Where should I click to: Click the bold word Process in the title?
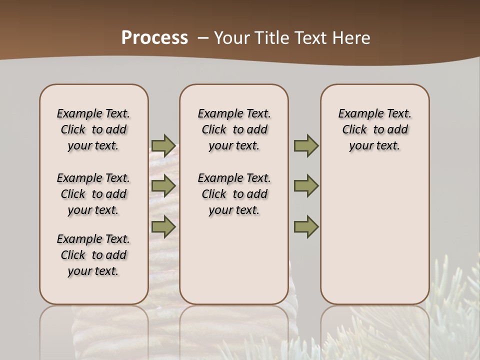[154, 38]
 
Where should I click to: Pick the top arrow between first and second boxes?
[163, 145]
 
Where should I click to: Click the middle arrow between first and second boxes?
[163, 186]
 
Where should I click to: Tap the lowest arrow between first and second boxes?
[163, 226]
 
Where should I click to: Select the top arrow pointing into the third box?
[305, 145]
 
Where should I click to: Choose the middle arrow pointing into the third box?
[305, 186]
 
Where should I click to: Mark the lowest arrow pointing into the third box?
[305, 226]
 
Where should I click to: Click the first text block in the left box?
[93, 129]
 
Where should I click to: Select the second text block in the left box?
[93, 194]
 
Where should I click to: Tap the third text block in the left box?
[93, 255]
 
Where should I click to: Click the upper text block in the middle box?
[234, 129]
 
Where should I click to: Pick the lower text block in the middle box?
[234, 194]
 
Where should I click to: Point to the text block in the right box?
[374, 129]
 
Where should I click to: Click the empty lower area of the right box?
[374, 235]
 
